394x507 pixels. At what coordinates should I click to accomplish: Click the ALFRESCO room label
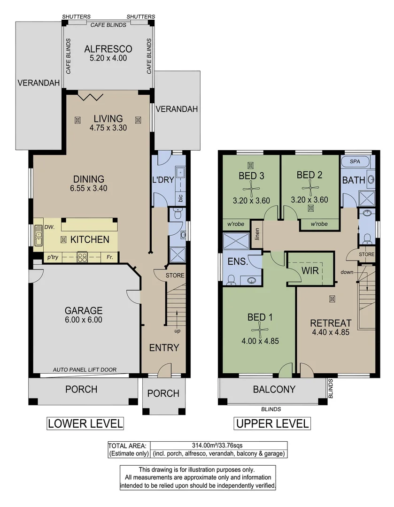[108, 49]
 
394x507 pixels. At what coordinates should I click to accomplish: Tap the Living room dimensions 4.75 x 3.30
[108, 128]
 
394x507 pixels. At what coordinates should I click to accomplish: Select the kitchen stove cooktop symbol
[82, 257]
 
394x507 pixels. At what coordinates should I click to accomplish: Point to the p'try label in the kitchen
[52, 257]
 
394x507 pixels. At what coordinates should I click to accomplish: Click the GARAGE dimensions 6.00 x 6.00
[84, 320]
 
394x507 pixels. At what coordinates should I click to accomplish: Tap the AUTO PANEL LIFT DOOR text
[85, 369]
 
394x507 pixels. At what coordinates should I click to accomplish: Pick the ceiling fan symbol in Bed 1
[259, 330]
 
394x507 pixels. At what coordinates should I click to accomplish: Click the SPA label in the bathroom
[355, 161]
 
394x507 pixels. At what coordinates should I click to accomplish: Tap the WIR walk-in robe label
[310, 270]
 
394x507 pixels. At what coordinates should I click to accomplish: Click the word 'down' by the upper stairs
[347, 272]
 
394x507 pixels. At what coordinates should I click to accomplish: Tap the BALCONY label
[274, 389]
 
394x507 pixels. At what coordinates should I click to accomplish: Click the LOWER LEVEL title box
[85, 423]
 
